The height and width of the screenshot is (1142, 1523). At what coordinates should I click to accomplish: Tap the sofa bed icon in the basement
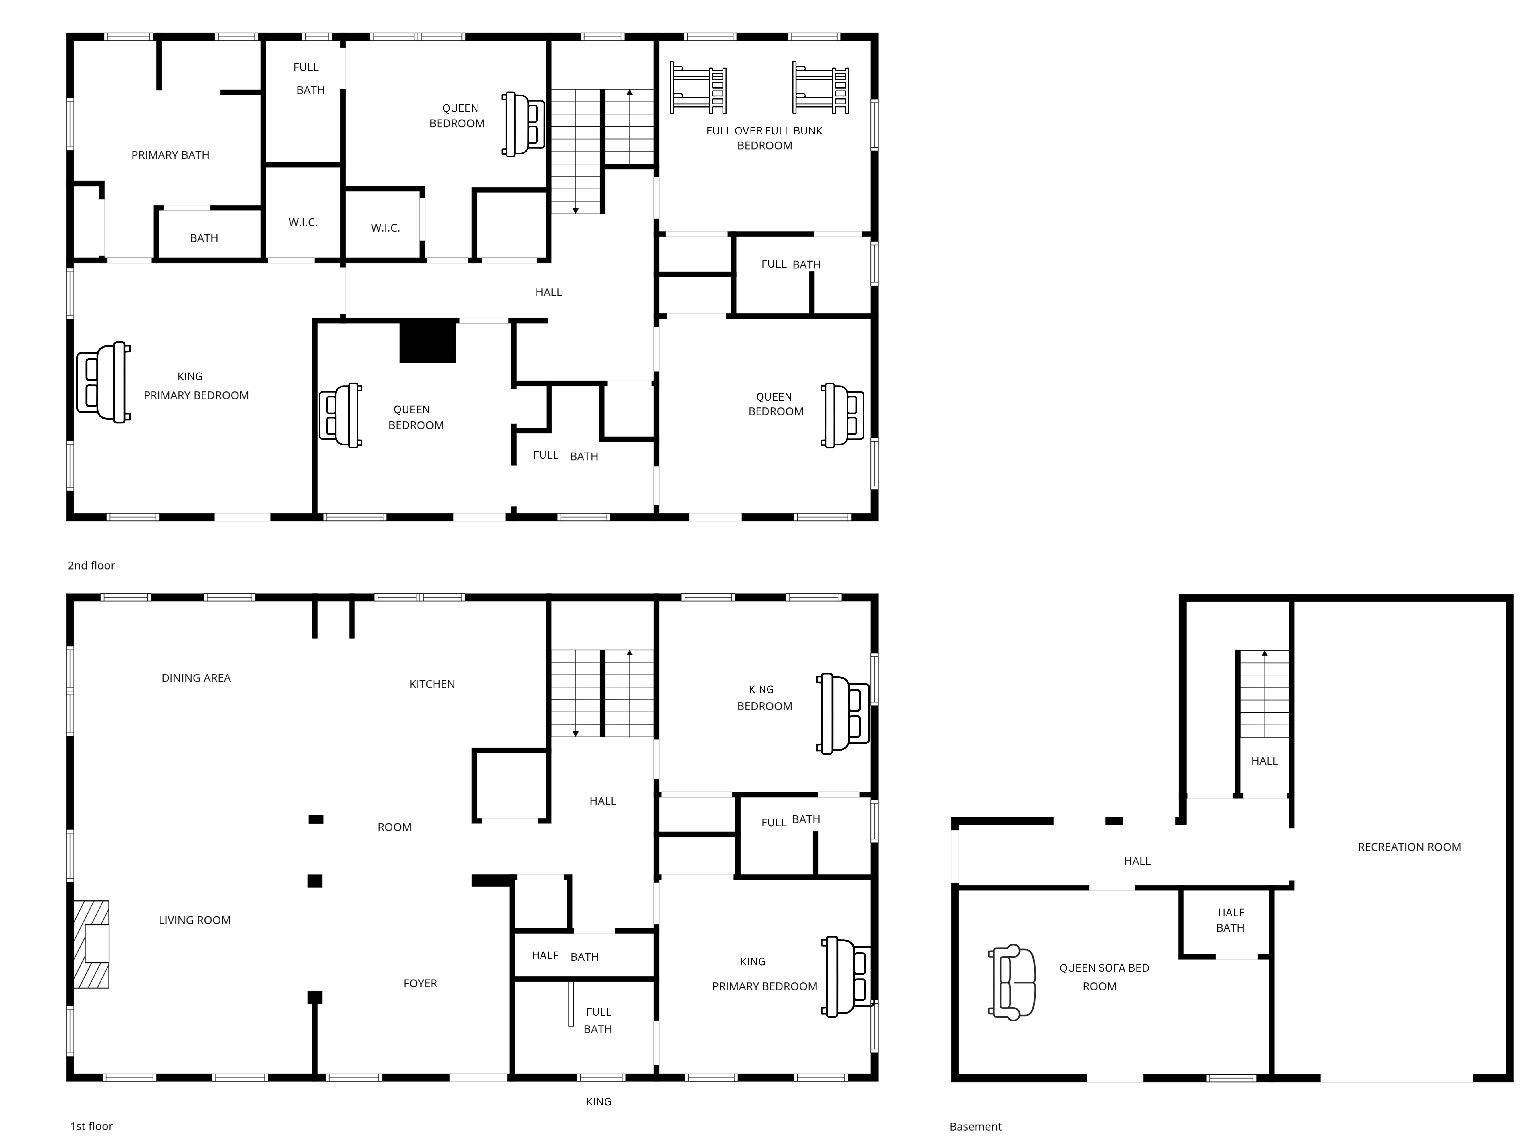pos(1012,982)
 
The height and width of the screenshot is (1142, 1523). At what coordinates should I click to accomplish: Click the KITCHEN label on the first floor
pos(432,684)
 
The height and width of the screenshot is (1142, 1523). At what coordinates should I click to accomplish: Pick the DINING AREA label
pos(196,678)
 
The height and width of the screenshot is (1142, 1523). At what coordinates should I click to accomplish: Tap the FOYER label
pos(420,984)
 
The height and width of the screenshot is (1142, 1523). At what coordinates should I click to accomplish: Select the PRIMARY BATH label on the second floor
pos(170,156)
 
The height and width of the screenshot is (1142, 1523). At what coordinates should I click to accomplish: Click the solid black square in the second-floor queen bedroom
pos(428,341)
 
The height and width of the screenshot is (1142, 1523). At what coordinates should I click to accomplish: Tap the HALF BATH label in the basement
pos(1230,920)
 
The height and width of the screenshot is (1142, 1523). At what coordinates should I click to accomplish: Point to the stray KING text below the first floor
pos(598,1102)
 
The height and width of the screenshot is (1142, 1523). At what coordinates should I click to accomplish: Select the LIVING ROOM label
pos(195,920)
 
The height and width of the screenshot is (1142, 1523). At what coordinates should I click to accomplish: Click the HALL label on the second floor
pos(549,293)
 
